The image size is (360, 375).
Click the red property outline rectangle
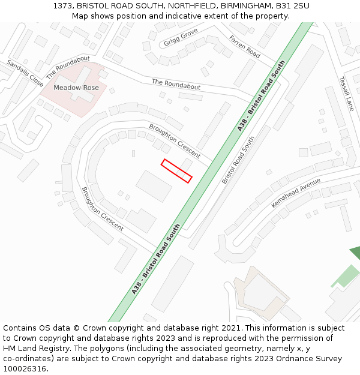coord(176,170)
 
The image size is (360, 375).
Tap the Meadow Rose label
coord(76,88)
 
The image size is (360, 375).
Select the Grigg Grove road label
coord(181,37)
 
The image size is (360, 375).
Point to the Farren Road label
coord(244,46)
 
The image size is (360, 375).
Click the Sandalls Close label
coord(25,73)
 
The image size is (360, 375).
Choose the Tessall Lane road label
coord(346,93)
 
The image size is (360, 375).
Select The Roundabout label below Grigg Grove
coord(176,84)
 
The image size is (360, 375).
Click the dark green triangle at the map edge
coord(356,253)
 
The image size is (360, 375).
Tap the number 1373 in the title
coord(62,5)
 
